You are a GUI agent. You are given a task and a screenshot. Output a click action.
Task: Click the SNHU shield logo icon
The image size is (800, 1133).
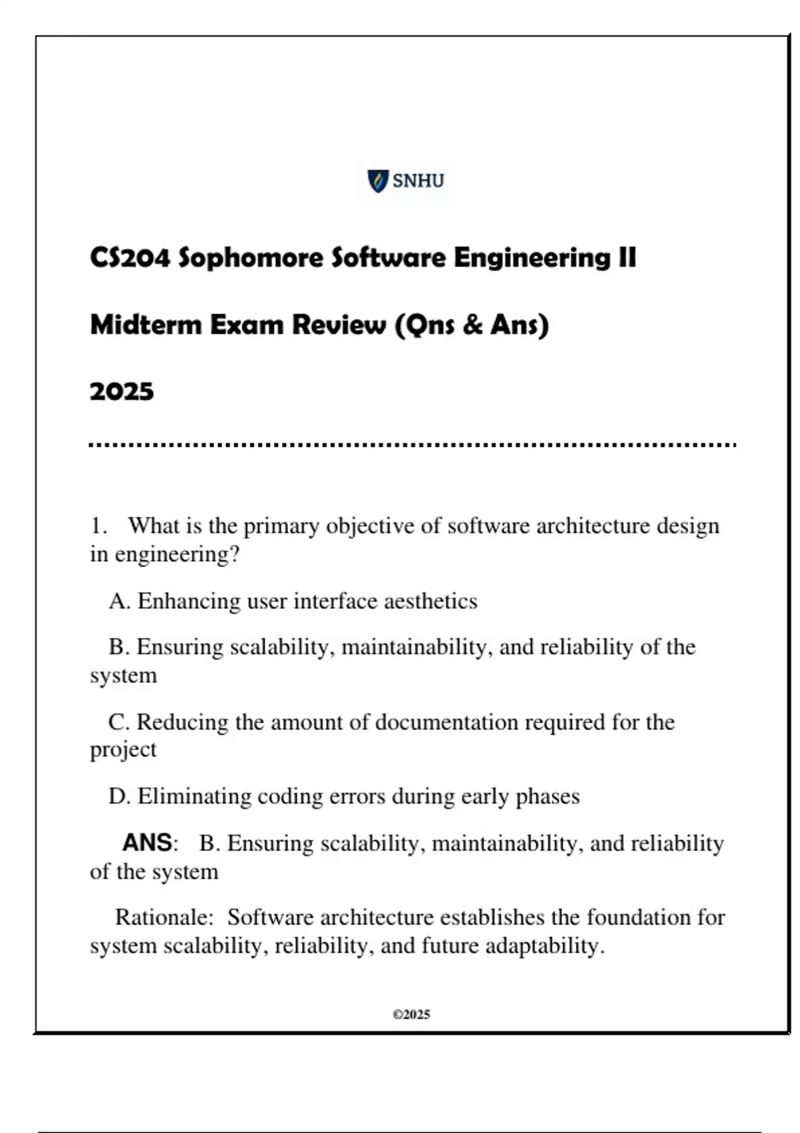coord(377,181)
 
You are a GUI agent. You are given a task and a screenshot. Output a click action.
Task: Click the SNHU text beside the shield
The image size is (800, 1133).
coord(418,181)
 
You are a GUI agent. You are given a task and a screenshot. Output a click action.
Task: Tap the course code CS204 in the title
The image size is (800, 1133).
coord(130,258)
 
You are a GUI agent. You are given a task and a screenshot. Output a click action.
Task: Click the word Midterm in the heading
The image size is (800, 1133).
coord(145,325)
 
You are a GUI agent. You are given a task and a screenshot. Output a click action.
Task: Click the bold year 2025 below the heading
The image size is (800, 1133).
coord(121,391)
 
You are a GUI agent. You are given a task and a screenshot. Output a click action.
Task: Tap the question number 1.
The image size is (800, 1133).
coord(98,526)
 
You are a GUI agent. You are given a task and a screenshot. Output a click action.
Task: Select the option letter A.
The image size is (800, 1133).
coord(119,601)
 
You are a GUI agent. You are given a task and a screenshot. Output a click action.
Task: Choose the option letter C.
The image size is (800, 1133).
coord(119,722)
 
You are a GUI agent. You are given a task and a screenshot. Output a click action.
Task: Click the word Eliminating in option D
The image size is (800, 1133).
coord(195,796)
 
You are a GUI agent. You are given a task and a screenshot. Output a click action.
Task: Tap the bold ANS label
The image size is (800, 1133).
coord(148,843)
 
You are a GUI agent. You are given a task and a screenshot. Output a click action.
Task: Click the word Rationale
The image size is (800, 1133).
coord(163,917)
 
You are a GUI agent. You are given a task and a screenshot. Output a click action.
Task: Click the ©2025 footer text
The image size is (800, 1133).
coord(411,1014)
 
